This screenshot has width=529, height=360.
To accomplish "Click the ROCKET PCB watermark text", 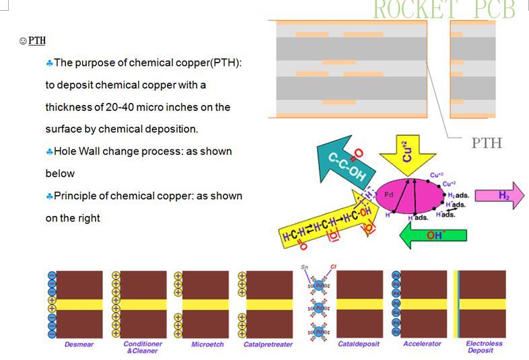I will click(x=444, y=9).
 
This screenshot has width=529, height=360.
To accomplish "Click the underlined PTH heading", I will click(x=37, y=41).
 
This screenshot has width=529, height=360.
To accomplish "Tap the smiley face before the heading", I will click(x=23, y=41).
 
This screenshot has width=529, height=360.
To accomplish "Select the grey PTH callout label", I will click(x=486, y=143).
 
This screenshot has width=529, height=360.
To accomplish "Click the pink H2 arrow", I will click(x=499, y=195).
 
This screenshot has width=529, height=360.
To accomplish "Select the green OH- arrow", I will click(x=431, y=235).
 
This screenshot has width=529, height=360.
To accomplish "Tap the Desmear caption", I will click(x=79, y=345).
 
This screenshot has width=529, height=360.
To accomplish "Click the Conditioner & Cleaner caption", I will click(x=143, y=347).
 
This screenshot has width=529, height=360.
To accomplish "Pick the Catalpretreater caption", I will click(x=268, y=345).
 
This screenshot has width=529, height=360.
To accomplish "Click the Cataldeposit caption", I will click(x=358, y=345).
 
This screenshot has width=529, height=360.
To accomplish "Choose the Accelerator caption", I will click(x=422, y=345).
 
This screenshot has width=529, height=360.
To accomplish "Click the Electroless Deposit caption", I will click(x=484, y=347).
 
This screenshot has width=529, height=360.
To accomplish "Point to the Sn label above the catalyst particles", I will click(x=305, y=268).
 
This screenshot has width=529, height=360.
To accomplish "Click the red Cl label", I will click(x=333, y=268).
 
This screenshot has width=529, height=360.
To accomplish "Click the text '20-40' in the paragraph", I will click(x=119, y=107).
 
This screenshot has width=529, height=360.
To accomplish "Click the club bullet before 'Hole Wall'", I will click(x=49, y=151).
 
